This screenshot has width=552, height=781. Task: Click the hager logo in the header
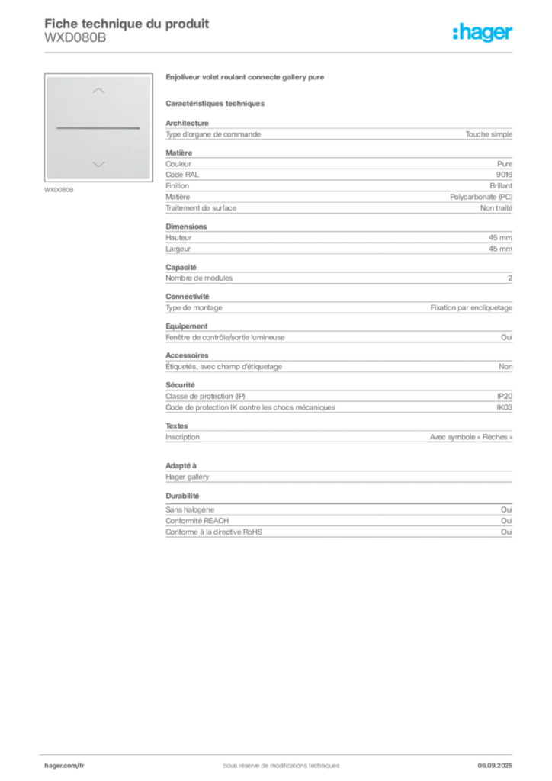click(x=483, y=32)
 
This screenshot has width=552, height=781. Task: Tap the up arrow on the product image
click(x=98, y=90)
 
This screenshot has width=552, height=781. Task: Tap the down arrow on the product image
click(x=98, y=165)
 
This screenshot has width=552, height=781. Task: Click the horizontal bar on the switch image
click(x=98, y=128)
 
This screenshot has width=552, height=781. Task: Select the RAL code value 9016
click(x=504, y=175)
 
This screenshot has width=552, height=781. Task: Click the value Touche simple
click(x=489, y=134)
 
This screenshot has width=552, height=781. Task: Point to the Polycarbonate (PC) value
click(x=481, y=197)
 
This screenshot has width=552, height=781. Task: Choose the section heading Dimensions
click(x=186, y=226)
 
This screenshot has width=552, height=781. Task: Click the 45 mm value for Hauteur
click(x=500, y=238)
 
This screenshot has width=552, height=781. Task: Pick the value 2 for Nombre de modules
click(x=510, y=278)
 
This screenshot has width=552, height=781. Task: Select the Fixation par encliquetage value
click(x=471, y=308)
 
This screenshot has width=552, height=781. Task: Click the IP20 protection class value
click(x=505, y=396)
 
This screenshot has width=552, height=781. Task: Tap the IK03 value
click(x=504, y=407)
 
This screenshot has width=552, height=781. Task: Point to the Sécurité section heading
click(x=180, y=384)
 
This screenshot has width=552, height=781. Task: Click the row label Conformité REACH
click(x=197, y=520)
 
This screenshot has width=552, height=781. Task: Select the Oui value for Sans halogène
click(x=507, y=509)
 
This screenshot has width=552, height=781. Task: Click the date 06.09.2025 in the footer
click(x=495, y=766)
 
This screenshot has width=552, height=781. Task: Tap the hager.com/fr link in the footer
click(x=64, y=766)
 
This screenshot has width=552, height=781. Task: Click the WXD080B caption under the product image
click(x=59, y=190)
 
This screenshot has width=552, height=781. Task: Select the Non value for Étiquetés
click(x=505, y=366)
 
